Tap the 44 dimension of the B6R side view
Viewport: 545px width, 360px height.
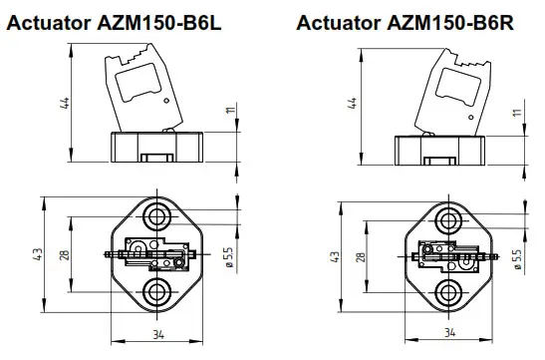coord(351,104)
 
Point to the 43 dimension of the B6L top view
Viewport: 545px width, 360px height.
coord(39,254)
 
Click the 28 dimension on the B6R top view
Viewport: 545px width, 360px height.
coord(360,256)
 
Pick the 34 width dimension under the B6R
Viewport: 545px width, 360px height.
coord(449,332)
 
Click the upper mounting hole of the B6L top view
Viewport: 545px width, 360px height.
coord(156,216)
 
